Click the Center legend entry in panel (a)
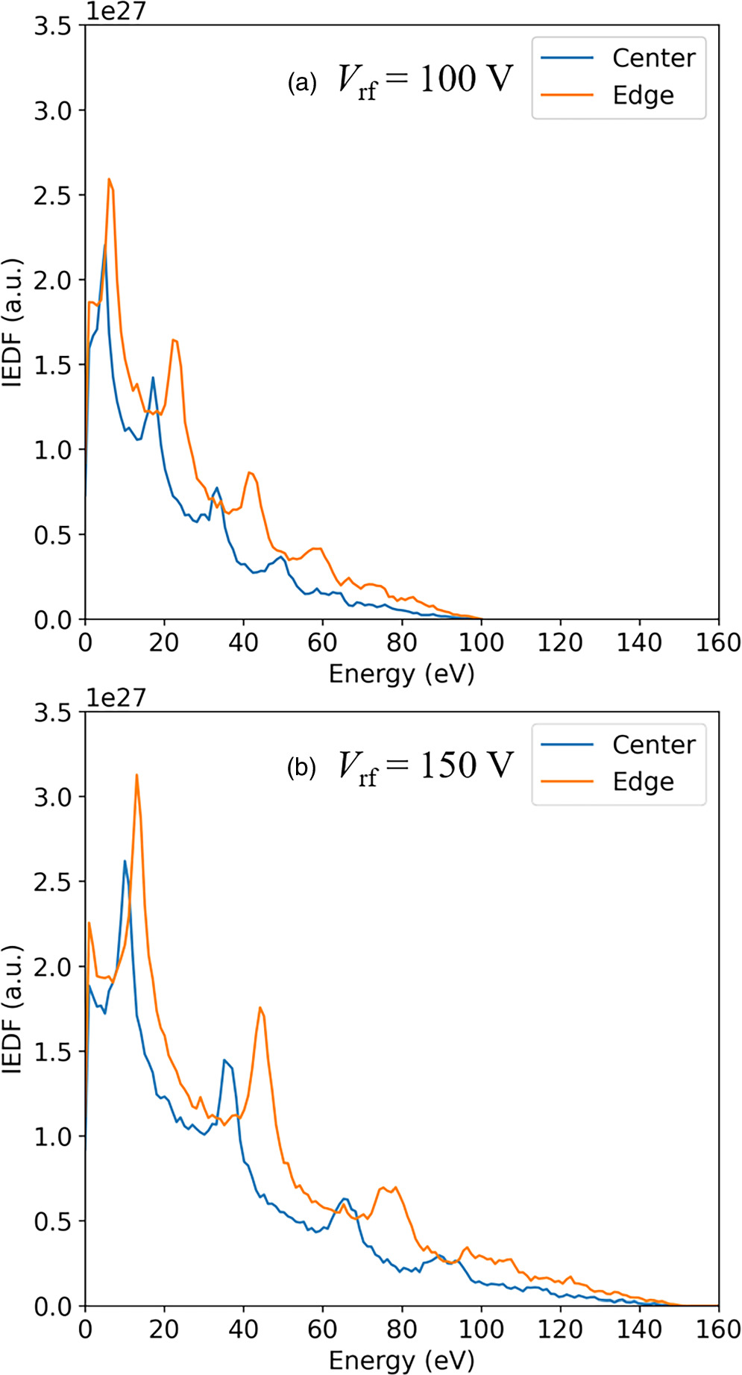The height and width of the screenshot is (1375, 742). coord(653,57)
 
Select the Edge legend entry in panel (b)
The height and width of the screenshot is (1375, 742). coord(642,781)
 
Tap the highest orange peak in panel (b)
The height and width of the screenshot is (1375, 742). coord(136,775)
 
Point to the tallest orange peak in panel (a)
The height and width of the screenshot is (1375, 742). coord(109,179)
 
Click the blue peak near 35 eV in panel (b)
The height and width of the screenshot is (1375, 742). coord(224,1060)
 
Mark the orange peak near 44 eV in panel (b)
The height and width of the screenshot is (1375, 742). coord(260,1008)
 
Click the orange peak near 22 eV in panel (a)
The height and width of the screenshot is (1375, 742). coord(174,340)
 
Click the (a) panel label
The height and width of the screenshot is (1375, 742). coord(302,82)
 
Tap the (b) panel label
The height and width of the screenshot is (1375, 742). coord(301,768)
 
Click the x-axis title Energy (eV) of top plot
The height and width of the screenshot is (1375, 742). coord(401,674)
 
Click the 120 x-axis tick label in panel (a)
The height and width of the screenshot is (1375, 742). coord(560,642)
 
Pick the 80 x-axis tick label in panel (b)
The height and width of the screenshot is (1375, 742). coord(402,1329)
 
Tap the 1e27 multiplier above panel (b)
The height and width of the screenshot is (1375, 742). coord(116,698)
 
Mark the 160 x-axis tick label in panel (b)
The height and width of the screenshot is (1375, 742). coord(718,1329)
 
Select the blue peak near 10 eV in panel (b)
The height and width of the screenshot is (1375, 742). coord(125,861)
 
